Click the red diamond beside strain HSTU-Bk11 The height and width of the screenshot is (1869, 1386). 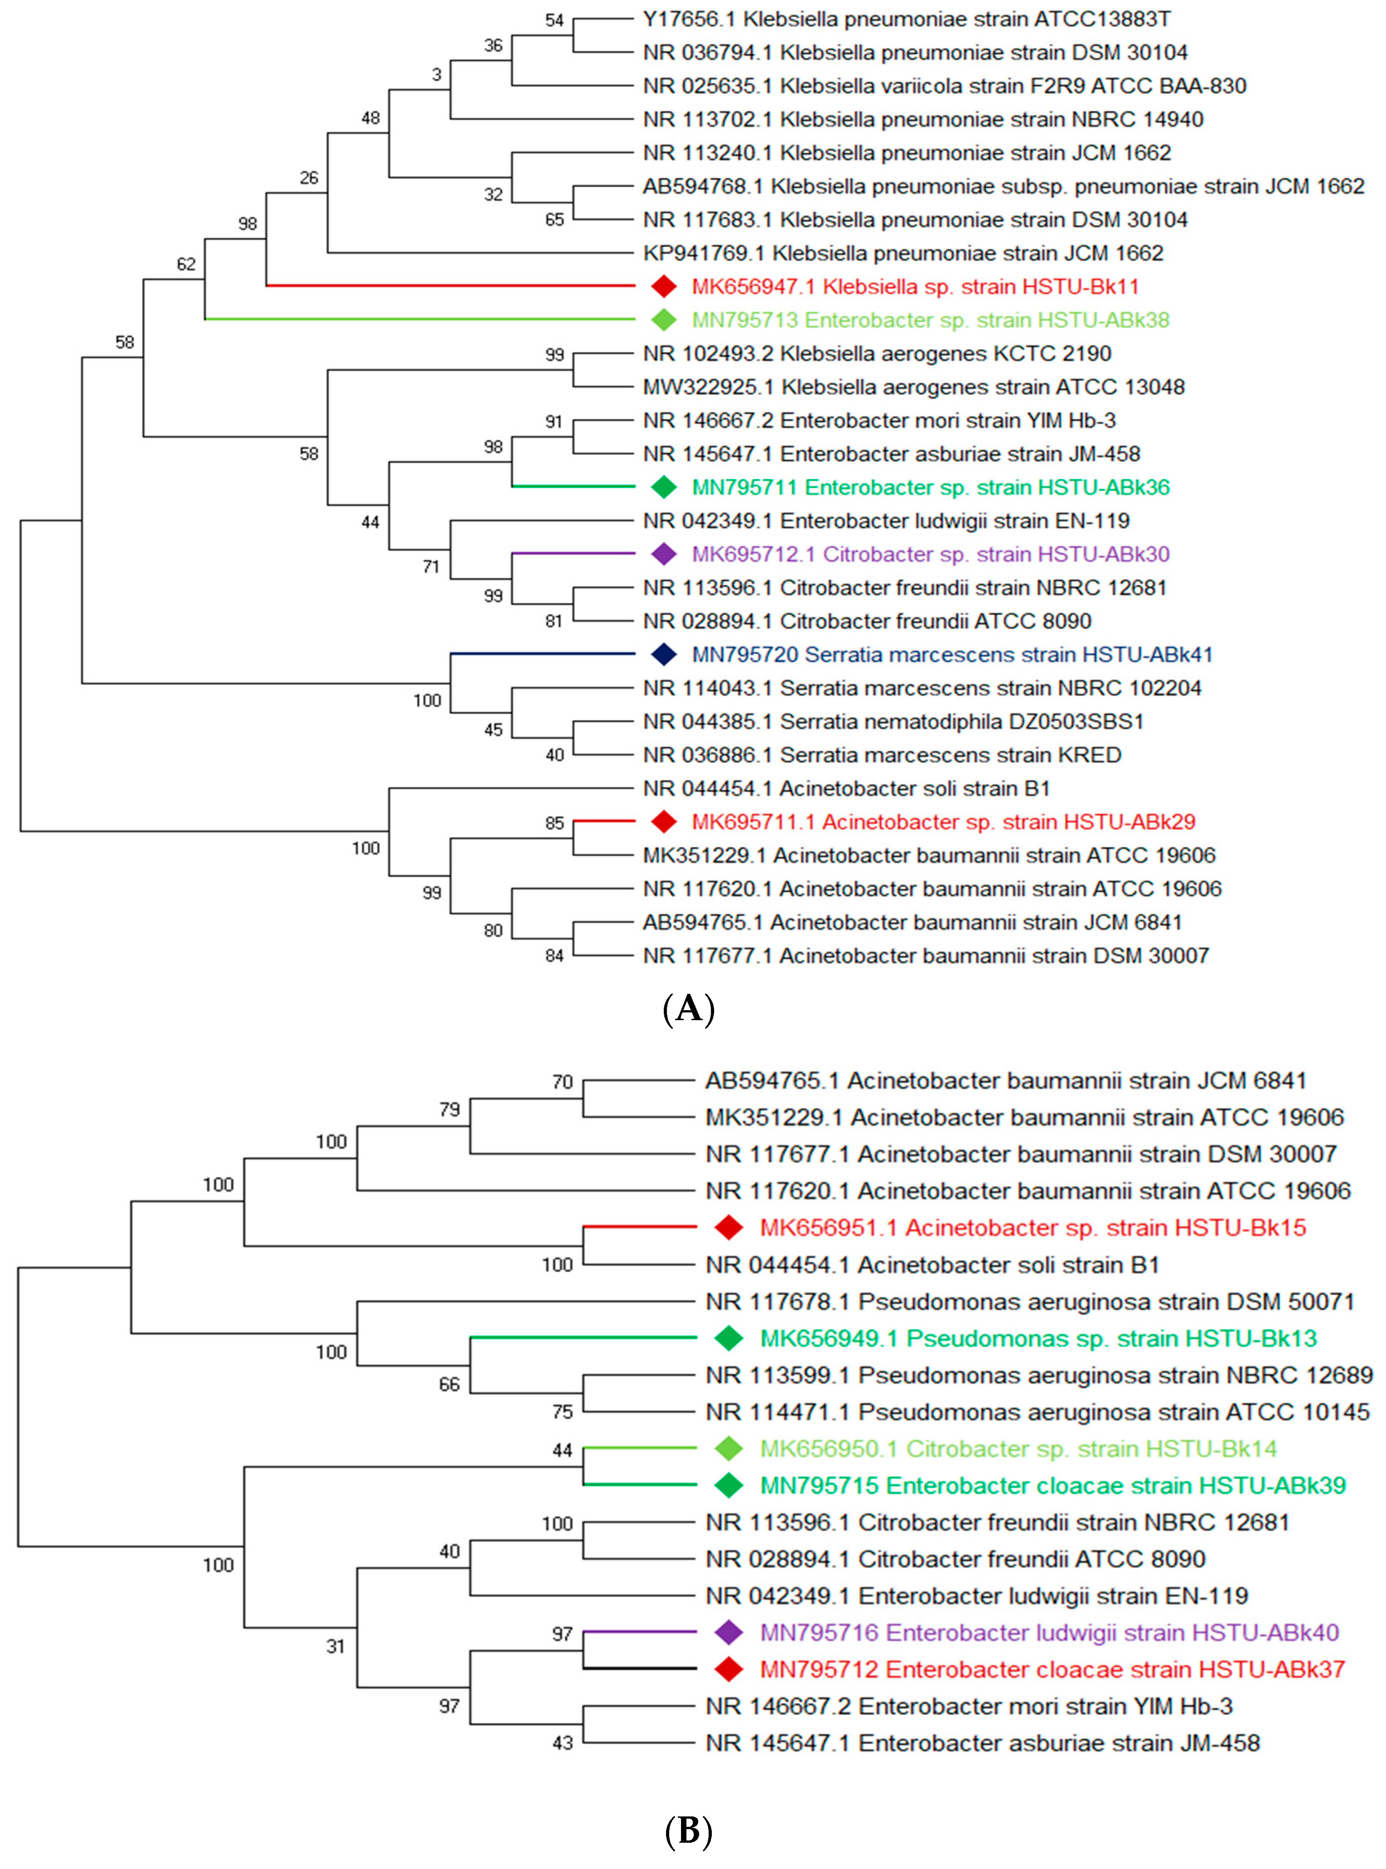(664, 286)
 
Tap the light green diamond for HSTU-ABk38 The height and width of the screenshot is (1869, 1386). (664, 320)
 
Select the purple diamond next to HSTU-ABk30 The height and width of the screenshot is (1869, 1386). (664, 554)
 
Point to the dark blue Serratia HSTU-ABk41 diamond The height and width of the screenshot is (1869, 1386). (664, 654)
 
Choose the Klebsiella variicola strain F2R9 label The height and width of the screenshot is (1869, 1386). (944, 86)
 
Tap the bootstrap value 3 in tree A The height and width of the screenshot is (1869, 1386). (436, 75)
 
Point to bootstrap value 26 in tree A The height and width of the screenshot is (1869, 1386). (309, 178)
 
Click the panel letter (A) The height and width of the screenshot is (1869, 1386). (688, 1008)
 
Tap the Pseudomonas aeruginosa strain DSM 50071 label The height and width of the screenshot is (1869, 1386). (1029, 1302)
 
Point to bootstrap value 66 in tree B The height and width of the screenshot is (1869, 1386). (449, 1384)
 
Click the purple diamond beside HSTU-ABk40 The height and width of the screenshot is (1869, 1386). (728, 1632)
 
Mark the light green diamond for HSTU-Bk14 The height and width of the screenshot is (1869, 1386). (728, 1448)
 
